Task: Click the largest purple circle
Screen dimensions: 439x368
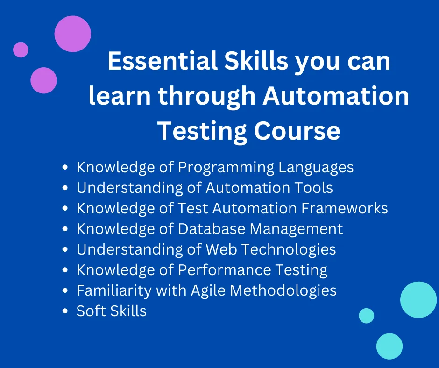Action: [x=73, y=34]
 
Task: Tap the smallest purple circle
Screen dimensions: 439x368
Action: [x=21, y=50]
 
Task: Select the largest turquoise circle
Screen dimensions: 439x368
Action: [x=418, y=300]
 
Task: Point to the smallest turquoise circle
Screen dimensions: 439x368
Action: [x=367, y=316]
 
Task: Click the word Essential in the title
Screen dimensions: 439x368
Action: [x=163, y=61]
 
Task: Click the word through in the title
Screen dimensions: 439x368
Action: [x=206, y=96]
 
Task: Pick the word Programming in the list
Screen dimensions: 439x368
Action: [x=226, y=168]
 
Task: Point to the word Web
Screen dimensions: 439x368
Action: [x=221, y=249]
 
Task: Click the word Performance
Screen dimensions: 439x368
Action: [x=224, y=270]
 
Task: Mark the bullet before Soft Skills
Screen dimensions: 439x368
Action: [x=65, y=311]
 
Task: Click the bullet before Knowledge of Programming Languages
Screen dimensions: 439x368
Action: [x=65, y=168]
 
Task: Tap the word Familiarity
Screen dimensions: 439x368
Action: [x=114, y=290]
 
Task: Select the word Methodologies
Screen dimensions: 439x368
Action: [x=283, y=290]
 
